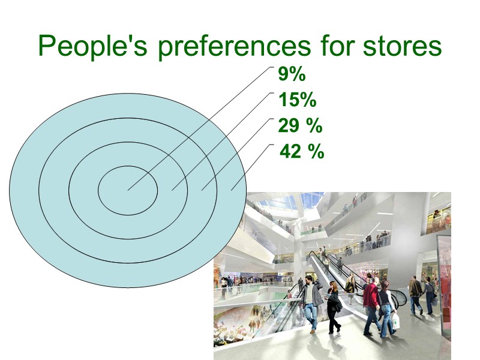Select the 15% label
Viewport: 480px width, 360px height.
click(297, 100)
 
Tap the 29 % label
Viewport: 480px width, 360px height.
click(300, 126)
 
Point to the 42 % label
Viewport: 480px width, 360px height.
click(302, 152)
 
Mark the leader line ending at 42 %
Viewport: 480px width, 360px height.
click(252, 168)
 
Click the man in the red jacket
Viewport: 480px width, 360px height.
click(371, 297)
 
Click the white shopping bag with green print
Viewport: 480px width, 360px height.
click(395, 320)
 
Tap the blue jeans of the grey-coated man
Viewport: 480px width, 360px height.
click(310, 315)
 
